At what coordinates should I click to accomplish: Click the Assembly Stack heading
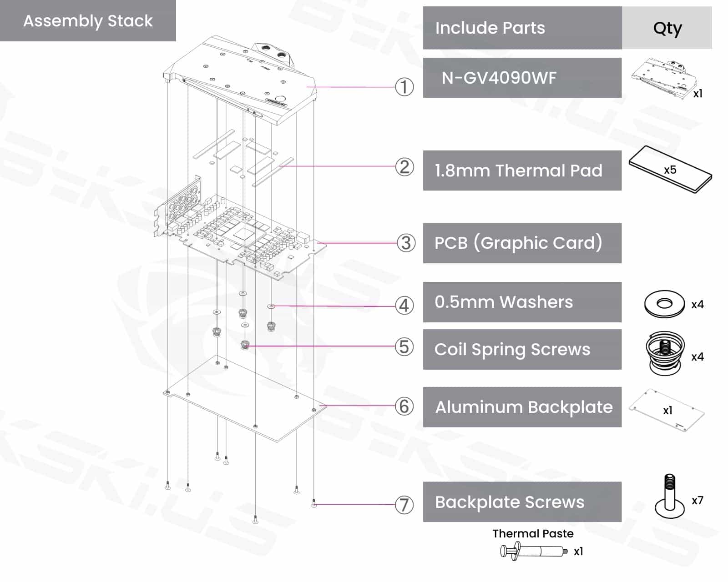88,21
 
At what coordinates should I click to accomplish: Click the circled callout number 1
404,87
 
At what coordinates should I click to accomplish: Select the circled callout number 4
404,306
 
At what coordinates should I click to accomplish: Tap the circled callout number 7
404,505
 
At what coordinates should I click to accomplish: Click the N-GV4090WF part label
499,78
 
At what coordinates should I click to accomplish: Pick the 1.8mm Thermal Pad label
518,171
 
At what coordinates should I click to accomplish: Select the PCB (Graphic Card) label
518,243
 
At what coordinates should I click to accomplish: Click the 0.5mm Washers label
503,302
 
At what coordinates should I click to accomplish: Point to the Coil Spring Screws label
512,349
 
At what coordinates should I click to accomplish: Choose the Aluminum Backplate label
524,407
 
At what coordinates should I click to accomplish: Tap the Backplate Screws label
509,502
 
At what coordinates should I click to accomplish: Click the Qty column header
667,28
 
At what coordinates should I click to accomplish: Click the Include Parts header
490,28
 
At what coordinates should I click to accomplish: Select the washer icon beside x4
664,304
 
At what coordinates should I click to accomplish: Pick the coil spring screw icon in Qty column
665,353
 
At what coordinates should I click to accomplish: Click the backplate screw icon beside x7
670,497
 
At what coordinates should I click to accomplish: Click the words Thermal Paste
533,533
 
